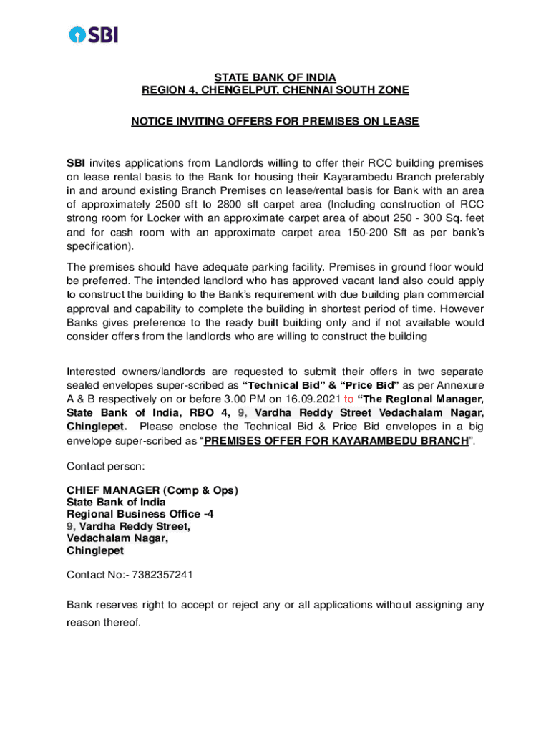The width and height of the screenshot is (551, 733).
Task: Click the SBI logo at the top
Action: coord(93,34)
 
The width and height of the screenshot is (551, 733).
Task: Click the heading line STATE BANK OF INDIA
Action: coord(275,77)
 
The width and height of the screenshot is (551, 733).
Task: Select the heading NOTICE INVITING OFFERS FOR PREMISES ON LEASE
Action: coord(275,122)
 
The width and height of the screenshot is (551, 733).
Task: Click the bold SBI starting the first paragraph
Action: coord(76,163)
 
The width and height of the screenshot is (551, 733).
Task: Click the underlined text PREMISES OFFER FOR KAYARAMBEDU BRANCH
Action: coord(336,440)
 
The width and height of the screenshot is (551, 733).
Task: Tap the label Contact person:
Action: coord(105,466)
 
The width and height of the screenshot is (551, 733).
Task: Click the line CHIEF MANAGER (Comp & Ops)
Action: coord(152,490)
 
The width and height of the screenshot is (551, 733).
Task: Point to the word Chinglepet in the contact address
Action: coord(95,551)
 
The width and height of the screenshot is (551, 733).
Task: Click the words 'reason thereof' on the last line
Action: coord(104,623)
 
